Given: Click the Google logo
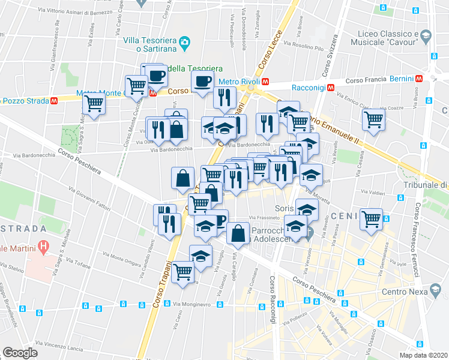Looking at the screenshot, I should point(20,353).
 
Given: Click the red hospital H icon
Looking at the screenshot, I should point(43,245).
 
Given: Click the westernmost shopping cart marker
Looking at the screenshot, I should point(94,104).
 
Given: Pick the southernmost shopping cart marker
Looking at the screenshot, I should point(182,271).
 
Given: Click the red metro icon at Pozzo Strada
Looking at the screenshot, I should point(53,101).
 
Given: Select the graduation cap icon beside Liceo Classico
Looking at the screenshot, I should point(426,36).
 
